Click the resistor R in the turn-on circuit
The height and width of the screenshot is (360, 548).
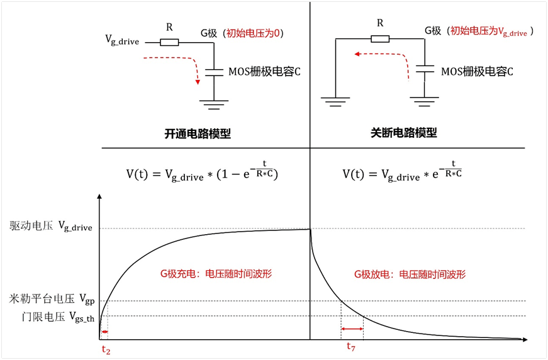pyautogui.click(x=169, y=43)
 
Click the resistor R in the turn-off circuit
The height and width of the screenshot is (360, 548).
pyautogui.click(x=380, y=38)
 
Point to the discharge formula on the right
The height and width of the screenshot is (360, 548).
pyautogui.click(x=403, y=172)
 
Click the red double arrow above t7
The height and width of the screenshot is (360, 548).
pyautogui.click(x=352, y=329)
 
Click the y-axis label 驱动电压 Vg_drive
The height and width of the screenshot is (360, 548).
pyautogui.click(x=51, y=227)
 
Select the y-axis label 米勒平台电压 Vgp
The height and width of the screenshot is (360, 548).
pyautogui.click(x=51, y=299)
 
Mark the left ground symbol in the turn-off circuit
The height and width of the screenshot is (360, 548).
pyautogui.click(x=335, y=99)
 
